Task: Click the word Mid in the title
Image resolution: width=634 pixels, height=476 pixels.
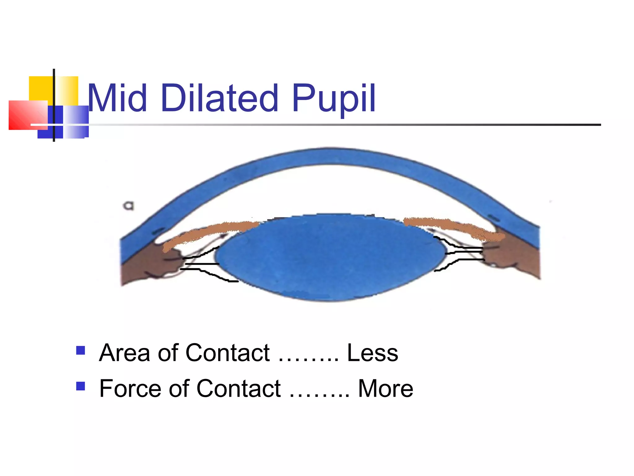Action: click(x=117, y=99)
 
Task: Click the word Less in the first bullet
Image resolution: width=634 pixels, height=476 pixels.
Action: click(x=372, y=353)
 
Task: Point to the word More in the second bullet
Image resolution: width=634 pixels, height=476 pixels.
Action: click(x=385, y=389)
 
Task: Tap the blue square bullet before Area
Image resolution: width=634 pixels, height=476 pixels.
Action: click(x=80, y=350)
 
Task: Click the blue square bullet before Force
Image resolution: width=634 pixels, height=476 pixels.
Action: click(x=80, y=386)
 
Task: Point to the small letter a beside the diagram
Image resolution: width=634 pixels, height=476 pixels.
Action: click(x=129, y=205)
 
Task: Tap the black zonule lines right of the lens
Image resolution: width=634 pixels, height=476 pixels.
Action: click(x=461, y=253)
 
